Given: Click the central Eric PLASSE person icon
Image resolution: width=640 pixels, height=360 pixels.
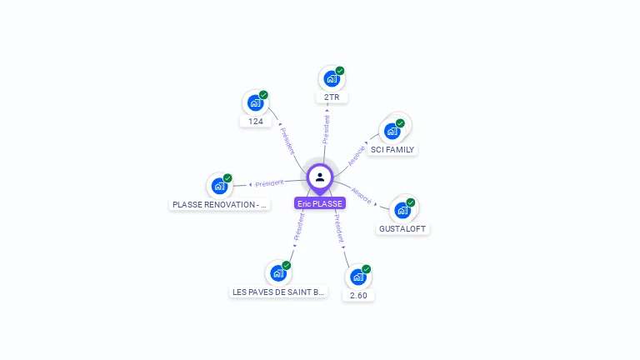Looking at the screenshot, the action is (320, 177).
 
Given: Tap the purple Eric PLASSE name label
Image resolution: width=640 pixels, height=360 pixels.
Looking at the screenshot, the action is (320, 203).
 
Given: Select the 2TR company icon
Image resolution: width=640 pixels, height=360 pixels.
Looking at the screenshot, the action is (331, 79).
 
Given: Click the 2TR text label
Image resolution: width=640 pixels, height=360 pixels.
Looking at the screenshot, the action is (332, 97).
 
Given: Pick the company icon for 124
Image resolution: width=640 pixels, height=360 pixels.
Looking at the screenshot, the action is (255, 103).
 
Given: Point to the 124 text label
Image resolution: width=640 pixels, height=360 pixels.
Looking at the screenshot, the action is (256, 122).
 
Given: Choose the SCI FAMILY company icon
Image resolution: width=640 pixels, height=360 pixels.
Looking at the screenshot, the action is (392, 132).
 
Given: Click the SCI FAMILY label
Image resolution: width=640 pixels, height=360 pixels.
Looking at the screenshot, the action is (392, 150).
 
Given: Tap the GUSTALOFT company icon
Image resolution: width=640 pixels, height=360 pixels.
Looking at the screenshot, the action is (403, 210).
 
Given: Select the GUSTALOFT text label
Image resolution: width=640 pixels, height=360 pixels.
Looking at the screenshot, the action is (403, 228).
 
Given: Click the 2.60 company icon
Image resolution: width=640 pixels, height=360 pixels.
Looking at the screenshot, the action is (358, 277).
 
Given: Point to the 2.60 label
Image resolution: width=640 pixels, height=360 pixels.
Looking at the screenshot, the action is (358, 295).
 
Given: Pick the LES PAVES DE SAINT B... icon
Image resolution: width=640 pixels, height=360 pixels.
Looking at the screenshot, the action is (278, 273).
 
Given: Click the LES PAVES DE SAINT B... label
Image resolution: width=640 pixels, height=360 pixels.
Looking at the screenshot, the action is (278, 292).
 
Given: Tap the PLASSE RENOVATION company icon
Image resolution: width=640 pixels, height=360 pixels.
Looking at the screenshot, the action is (219, 186).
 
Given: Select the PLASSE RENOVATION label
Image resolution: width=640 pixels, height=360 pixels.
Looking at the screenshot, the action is (219, 204).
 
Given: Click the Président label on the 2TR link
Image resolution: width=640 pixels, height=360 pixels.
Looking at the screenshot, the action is (326, 128).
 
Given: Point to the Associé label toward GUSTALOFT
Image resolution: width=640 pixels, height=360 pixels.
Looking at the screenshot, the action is (362, 194).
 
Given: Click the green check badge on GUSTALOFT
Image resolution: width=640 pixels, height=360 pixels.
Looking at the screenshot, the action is (411, 202).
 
